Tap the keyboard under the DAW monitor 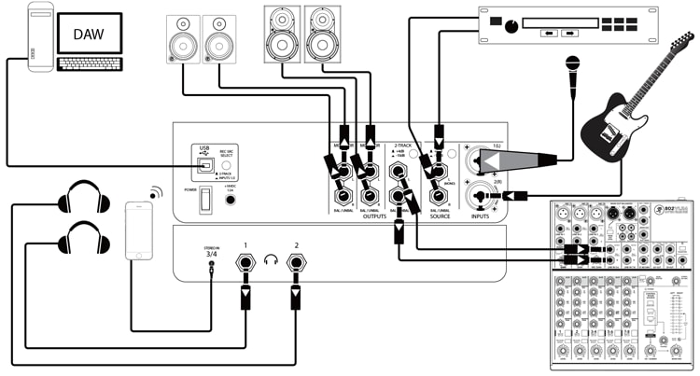click(90, 64)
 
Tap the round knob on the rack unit click(510, 28)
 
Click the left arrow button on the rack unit click(545, 33)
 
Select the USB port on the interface click(205, 167)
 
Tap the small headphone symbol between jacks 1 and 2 click(271, 260)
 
